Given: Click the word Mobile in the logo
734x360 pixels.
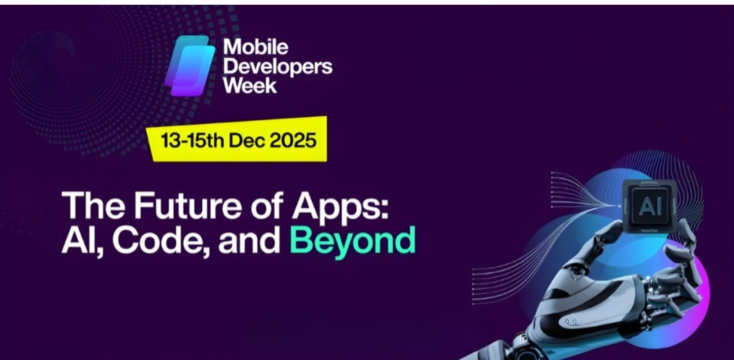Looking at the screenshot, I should point(256,48).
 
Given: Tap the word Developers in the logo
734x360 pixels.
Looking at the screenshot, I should point(277,67).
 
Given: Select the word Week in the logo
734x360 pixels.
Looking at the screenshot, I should point(250,86).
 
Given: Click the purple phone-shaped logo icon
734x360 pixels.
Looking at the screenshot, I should point(190,65).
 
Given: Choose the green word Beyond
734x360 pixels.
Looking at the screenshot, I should point(352,240).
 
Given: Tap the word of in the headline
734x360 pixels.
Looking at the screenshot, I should point(272,204).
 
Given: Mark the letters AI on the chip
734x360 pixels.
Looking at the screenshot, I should point(649,203).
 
